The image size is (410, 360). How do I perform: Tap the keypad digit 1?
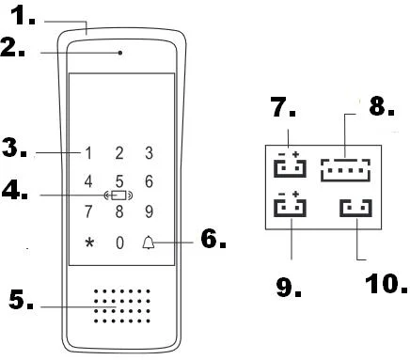[89, 153]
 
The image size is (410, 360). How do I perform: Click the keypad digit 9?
[149, 211]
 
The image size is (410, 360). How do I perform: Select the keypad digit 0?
[119, 243]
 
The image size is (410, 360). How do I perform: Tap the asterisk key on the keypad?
[89, 243]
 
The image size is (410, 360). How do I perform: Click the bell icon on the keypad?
[149, 243]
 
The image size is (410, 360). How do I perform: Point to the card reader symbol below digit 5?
[118, 196]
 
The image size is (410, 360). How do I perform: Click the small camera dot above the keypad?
[119, 53]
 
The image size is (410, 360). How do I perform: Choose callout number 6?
[213, 241]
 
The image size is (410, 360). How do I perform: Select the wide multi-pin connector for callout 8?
[345, 169]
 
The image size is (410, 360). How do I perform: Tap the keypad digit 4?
[89, 181]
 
